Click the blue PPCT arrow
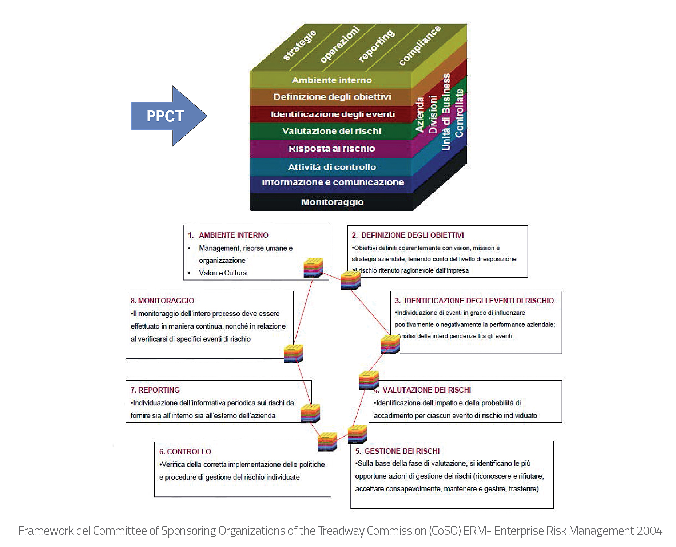pos(166,116)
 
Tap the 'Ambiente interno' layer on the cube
pos(331,80)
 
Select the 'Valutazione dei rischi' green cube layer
pos(331,131)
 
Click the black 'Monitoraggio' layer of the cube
pos(332,202)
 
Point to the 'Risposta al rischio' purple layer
pos(331,149)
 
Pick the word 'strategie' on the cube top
pos(299,45)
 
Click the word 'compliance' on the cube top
pos(420,45)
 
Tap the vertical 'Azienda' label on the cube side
pos(420,114)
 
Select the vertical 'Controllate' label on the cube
pos(459,113)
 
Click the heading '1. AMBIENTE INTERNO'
pos(228,235)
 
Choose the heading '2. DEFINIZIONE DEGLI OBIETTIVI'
pos(407,235)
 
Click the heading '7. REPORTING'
pos(155,390)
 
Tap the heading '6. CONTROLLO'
pos(185,451)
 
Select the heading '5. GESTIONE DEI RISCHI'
pos(397,451)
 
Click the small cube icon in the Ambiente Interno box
pos(313,268)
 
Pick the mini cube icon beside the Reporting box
pos(311,413)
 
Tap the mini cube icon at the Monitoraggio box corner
pos(293,354)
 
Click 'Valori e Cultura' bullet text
pos(223,273)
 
